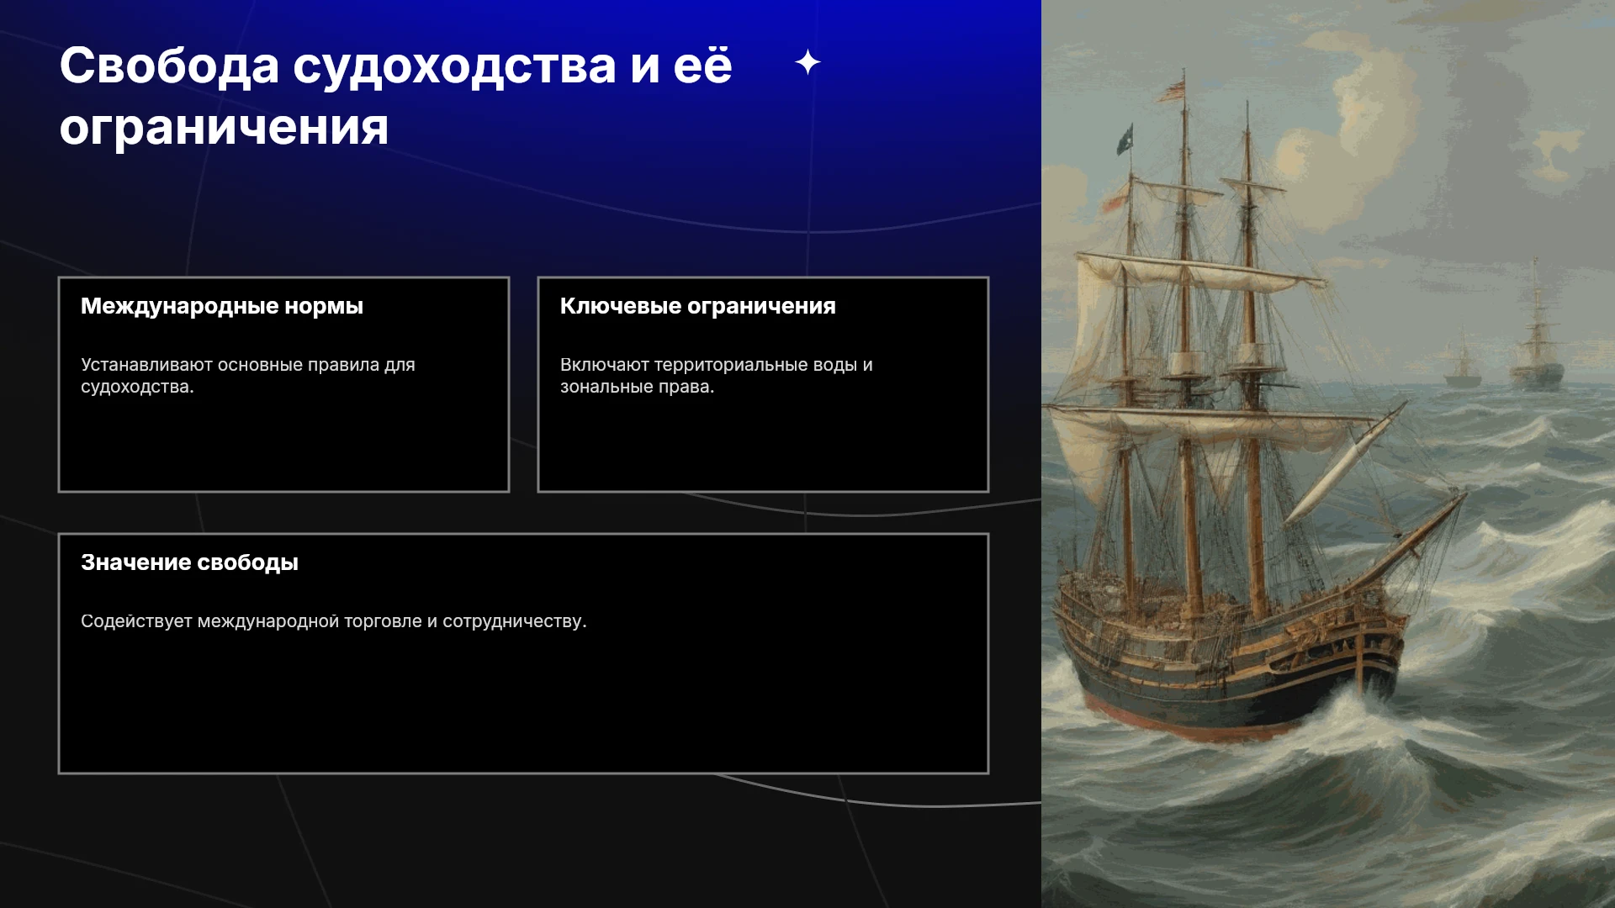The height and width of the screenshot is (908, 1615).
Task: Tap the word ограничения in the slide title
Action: (x=225, y=127)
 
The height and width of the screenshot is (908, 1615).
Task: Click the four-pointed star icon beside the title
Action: (x=807, y=62)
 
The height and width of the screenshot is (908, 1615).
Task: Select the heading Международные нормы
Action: (x=222, y=306)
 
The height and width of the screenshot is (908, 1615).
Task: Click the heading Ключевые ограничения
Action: (x=698, y=306)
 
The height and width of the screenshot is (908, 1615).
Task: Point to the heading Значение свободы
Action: (x=189, y=562)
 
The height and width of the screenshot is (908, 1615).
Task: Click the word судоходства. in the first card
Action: (x=137, y=387)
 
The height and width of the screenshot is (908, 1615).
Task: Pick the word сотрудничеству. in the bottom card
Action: (x=515, y=621)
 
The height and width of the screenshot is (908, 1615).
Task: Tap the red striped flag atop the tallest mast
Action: (x=1171, y=89)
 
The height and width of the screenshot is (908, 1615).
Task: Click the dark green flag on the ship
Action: (x=1125, y=139)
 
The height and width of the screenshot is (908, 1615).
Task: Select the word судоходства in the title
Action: (x=454, y=67)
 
